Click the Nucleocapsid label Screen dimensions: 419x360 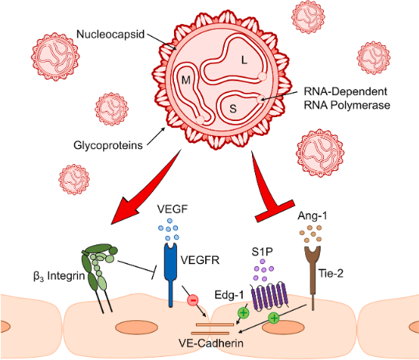(x=110, y=34)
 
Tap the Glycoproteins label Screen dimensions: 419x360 (x=108, y=145)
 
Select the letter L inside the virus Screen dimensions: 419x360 (x=244, y=60)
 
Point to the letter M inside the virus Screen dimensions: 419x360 (x=186, y=80)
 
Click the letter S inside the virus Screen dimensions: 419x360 (x=233, y=109)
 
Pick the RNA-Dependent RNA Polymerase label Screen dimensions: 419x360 (x=346, y=98)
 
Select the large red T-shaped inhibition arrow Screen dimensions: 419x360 (x=270, y=188)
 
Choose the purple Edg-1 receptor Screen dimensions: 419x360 (x=270, y=296)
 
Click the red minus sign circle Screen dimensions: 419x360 (x=194, y=300)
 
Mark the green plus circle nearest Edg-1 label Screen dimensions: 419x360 (x=243, y=312)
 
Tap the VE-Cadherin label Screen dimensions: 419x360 (x=211, y=343)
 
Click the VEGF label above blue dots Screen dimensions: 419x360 (x=172, y=209)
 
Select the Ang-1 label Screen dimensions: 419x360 (x=312, y=216)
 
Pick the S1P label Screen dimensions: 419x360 (x=262, y=252)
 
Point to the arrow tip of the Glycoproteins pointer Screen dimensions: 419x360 (x=165, y=128)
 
